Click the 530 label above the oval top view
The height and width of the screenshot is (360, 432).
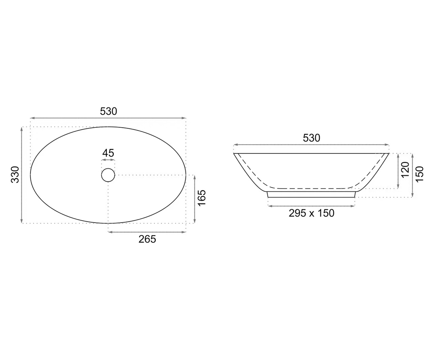coord(108,111)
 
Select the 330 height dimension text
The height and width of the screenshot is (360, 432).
coord(15,175)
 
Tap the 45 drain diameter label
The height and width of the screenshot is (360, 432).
coord(108,153)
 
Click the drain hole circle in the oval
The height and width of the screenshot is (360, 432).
coord(108,175)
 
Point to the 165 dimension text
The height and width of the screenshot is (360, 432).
coord(202,198)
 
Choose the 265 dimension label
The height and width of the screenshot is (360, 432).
coord(147,239)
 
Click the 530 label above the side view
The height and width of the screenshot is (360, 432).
coord(311,138)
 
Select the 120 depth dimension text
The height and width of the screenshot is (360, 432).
coord(405,170)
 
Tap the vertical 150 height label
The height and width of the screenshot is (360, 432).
coord(420,174)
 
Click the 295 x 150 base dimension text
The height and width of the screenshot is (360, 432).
coord(311,213)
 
